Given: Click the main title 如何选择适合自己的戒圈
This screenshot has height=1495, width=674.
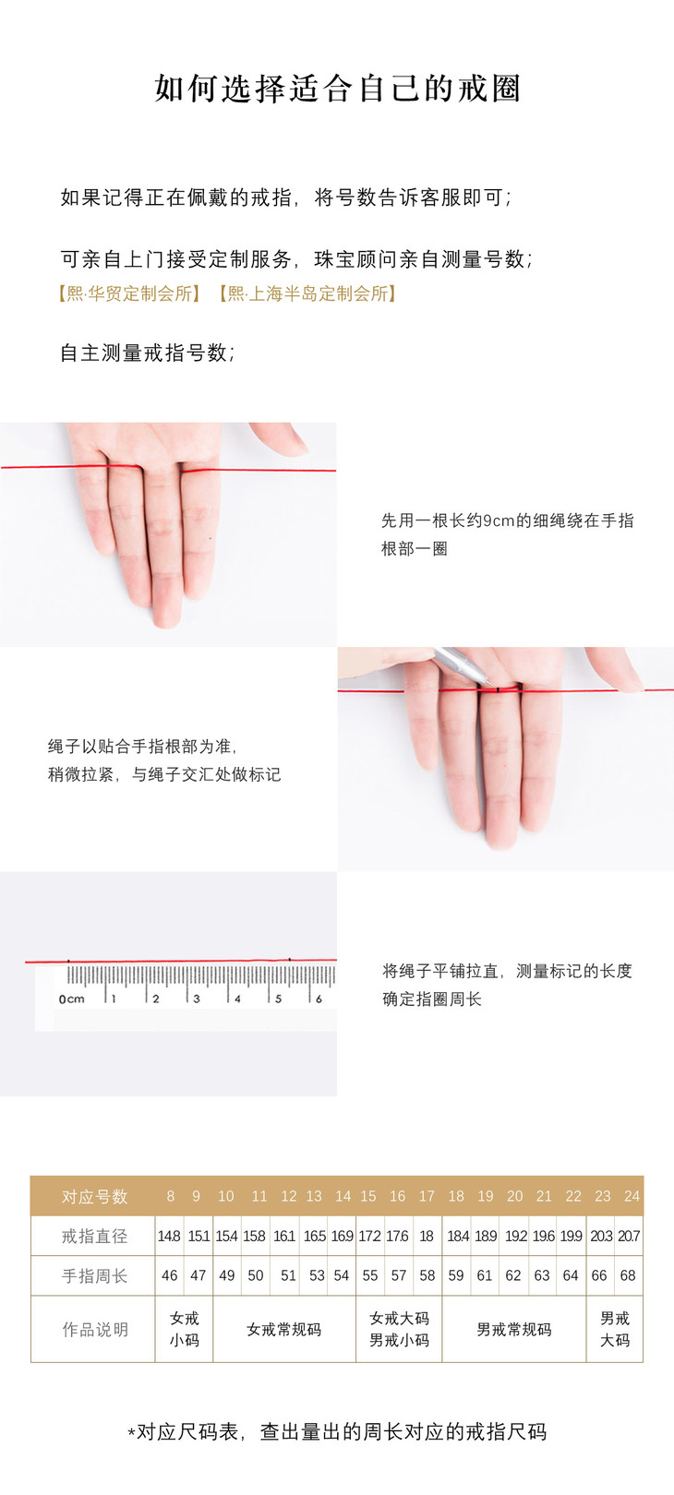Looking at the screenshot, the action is pyautogui.click(x=337, y=89).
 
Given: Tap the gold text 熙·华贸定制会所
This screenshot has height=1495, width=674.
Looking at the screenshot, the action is pyautogui.click(x=129, y=293).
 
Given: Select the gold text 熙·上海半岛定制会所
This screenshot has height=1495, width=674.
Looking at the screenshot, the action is pyautogui.click(x=308, y=293).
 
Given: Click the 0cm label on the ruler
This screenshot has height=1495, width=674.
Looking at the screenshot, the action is pyautogui.click(x=71, y=999).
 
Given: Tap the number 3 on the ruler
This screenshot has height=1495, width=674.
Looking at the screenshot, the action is pyautogui.click(x=197, y=999).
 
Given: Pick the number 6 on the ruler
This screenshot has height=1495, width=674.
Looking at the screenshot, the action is pyautogui.click(x=319, y=999).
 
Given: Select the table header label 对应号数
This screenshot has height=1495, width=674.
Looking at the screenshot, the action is pyautogui.click(x=94, y=1197).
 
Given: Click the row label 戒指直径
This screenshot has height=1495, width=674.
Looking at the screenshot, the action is pyautogui.click(x=94, y=1236).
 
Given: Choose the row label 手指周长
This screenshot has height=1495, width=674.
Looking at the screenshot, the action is pyautogui.click(x=94, y=1276).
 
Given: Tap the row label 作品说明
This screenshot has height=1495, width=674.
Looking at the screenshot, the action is pyautogui.click(x=95, y=1330).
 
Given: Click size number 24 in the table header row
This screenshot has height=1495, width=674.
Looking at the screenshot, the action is pyautogui.click(x=632, y=1196).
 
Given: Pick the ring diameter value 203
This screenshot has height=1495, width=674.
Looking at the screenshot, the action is pyautogui.click(x=601, y=1236).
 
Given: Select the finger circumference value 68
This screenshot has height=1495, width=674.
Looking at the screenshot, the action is pyautogui.click(x=627, y=1275).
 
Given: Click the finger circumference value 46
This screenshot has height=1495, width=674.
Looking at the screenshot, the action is pyautogui.click(x=170, y=1275).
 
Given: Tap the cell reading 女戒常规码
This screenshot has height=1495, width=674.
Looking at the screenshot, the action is pyautogui.click(x=283, y=1330).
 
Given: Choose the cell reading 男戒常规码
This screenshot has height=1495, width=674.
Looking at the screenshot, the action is pyautogui.click(x=513, y=1330).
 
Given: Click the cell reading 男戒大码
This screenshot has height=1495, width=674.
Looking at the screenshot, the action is pyautogui.click(x=615, y=1329).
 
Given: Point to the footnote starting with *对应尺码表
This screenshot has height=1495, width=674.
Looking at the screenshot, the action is pyautogui.click(x=337, y=1431).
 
